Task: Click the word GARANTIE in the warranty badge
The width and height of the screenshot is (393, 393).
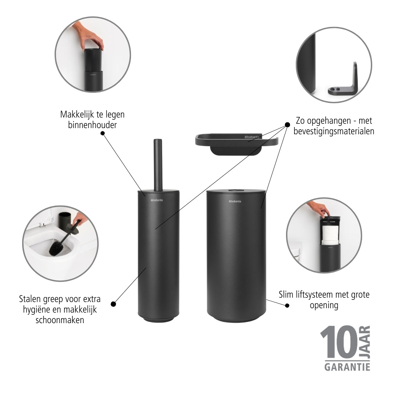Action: pos(347,367)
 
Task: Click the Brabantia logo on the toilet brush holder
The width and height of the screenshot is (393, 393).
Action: pos(157,200)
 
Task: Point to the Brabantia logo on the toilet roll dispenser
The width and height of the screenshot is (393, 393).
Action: pos(235,201)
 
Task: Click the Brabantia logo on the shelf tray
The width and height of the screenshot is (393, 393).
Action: pos(252,137)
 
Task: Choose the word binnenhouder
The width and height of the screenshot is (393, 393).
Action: pos(92,125)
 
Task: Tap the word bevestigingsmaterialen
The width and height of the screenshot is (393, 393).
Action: pos(334,131)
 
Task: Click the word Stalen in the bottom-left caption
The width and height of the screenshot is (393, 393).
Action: pos(29,299)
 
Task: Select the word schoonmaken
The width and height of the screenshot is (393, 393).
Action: pos(60,320)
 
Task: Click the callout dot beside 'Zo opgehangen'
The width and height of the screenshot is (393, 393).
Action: pos(287,125)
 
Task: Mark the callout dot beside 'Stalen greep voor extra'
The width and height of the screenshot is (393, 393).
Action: pos(113,304)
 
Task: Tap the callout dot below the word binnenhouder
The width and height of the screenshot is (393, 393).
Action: pos(103,133)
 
